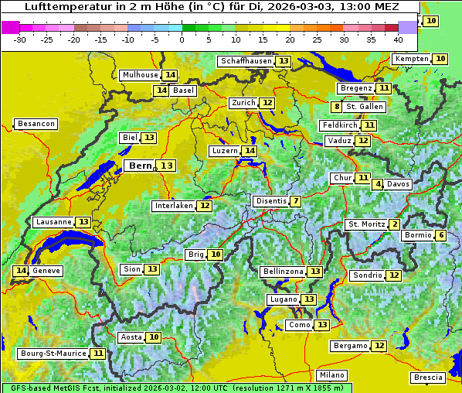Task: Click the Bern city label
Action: pos(141,166)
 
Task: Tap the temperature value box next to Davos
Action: pos(378,184)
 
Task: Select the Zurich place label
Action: pos(243,103)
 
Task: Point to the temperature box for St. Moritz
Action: pos(395,224)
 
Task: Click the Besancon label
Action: pos(36,124)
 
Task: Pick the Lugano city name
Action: pos(282,299)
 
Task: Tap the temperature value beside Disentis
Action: pos(295,201)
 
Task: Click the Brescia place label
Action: pos(428,378)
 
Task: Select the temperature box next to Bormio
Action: pos(440,235)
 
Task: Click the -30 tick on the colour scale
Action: pos(20,39)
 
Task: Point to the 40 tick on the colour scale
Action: pos(398,39)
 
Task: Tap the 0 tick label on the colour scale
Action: pos(182,39)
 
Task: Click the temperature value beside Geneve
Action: pos(21,271)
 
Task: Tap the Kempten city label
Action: pos(411,59)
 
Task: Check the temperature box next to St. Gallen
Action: pos(337,107)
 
